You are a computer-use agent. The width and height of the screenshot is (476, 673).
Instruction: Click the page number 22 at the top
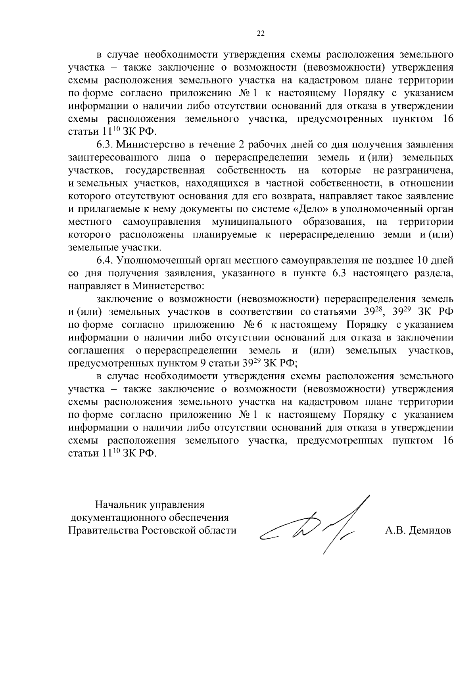[x=261, y=33]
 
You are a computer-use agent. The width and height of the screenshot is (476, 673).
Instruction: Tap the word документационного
[x=119, y=518]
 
